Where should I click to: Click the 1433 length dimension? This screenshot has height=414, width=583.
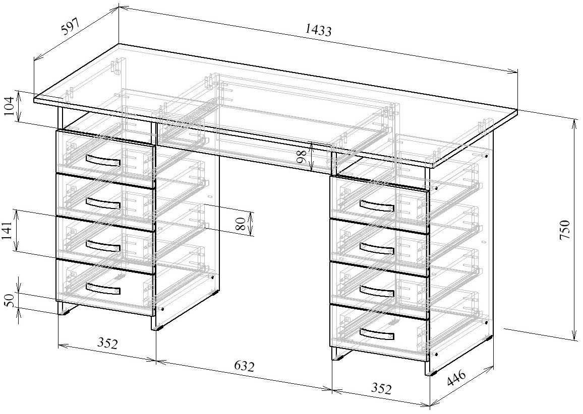click(318, 30)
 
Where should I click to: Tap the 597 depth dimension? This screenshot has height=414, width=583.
click(71, 27)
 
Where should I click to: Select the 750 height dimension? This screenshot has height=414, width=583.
click(564, 230)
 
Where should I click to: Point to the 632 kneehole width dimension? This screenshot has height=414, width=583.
click(244, 366)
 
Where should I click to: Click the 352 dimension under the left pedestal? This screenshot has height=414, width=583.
click(107, 343)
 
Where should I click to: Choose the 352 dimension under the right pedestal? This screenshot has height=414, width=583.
click(381, 388)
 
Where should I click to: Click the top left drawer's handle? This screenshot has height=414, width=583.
click(103, 160)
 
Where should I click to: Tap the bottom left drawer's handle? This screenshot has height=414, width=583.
click(103, 288)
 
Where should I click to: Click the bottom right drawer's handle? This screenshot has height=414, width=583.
click(377, 334)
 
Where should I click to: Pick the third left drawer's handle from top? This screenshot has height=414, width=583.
click(103, 245)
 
